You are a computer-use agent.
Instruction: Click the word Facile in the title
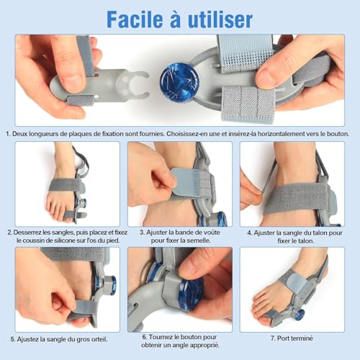pos(125,18)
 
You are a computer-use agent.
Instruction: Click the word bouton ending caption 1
pos(337,133)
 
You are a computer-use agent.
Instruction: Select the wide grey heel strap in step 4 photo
pos(295,198)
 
